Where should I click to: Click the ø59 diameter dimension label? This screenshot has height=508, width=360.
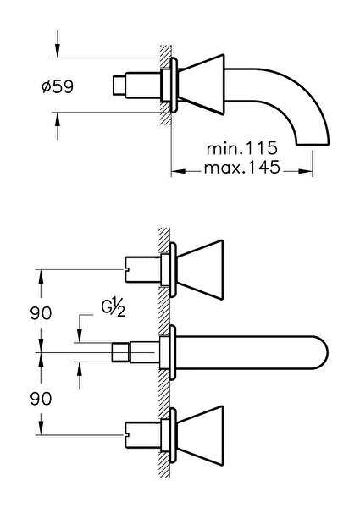[x=58, y=86]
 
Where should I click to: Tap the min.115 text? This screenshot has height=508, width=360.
[x=242, y=148]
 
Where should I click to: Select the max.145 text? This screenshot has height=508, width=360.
[x=241, y=167]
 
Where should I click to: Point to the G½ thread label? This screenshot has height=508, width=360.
[x=114, y=308]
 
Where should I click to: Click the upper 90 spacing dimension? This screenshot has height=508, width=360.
[x=41, y=313]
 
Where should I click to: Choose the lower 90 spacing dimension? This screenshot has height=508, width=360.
[x=41, y=398]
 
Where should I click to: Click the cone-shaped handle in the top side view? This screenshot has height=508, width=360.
[x=202, y=85]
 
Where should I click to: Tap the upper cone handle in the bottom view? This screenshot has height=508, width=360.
[x=201, y=269]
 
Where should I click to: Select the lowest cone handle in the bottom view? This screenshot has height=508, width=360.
[x=201, y=436]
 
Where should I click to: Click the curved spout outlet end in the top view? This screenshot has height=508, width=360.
[x=313, y=143]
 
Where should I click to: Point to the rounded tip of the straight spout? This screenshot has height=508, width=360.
[x=321, y=352]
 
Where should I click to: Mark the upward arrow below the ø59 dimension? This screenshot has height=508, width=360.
[x=58, y=126]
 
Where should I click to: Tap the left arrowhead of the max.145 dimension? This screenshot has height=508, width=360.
[x=178, y=171]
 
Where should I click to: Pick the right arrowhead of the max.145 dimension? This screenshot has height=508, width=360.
[x=306, y=171]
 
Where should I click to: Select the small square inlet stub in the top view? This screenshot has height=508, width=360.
[x=119, y=86]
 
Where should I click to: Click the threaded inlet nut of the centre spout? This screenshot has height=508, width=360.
[x=121, y=352]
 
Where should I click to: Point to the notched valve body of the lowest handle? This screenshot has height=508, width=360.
[x=143, y=435]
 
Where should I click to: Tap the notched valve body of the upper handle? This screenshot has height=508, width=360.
[x=143, y=269]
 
